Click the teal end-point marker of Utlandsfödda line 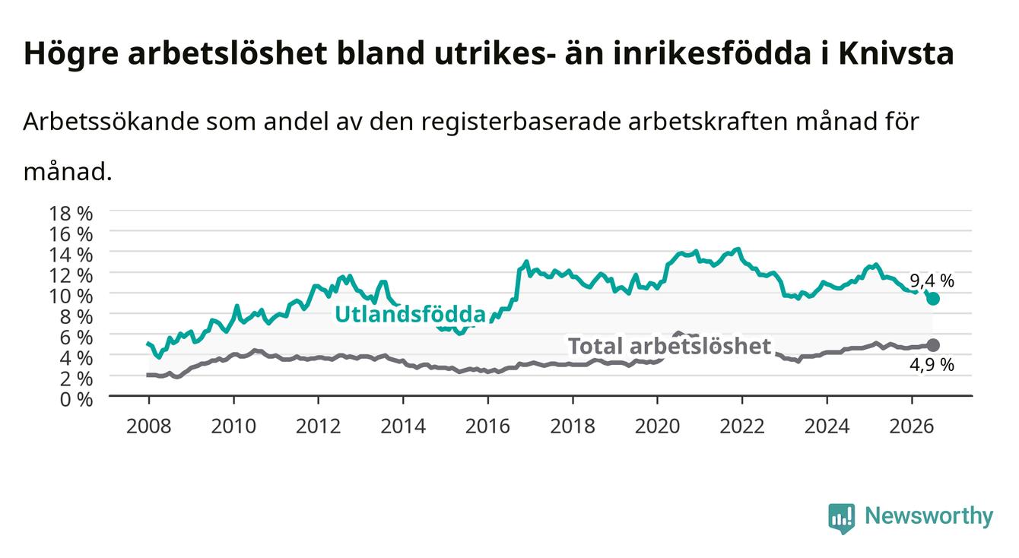coord(933,299)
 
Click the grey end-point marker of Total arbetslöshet coord(933,345)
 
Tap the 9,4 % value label coord(932,281)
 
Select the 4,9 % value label coord(932,365)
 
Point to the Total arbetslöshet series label coord(670,346)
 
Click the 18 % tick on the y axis coord(71,214)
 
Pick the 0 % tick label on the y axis coord(76,399)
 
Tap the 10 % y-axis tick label coord(71,296)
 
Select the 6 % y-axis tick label coord(76,338)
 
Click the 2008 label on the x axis coord(149,426)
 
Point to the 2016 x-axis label coord(487,426)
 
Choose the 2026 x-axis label coord(912,426)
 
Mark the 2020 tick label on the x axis coord(657,426)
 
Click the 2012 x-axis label coord(319,426)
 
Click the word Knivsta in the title coord(896,53)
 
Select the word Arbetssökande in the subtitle coord(112,122)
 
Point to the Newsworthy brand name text coord(929,516)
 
